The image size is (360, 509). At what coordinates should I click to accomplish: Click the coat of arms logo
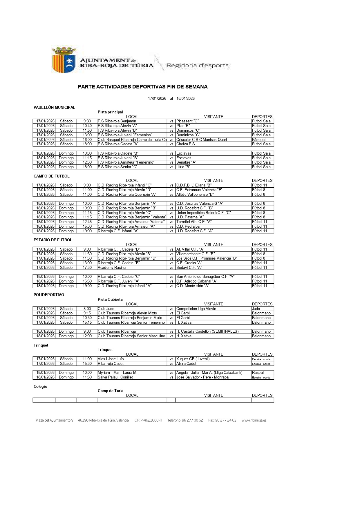(64, 60)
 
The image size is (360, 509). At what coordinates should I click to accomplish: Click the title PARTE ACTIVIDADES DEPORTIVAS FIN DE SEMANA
(142, 87)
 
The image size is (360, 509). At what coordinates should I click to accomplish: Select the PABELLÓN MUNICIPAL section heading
(54, 107)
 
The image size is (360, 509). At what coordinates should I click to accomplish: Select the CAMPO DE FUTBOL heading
(52, 176)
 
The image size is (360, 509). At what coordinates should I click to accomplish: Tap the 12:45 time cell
(87, 222)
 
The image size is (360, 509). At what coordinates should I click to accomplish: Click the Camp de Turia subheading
(111, 391)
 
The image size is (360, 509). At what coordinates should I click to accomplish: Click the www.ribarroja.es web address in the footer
(254, 420)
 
